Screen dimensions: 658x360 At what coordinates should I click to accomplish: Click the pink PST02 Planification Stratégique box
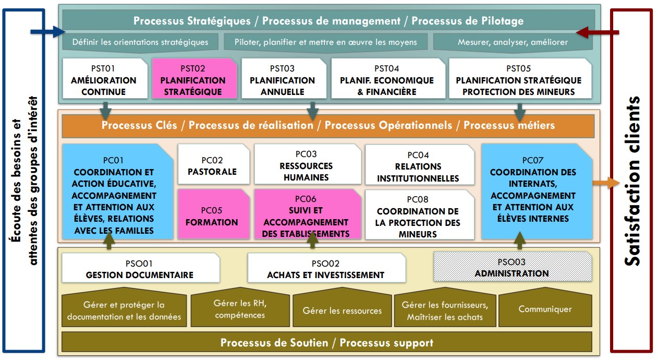point(194,78)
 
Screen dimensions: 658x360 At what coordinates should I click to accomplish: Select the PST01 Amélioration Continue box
point(105,78)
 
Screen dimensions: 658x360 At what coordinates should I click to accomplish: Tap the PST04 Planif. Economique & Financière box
point(388,78)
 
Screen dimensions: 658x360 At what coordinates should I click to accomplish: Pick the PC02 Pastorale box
point(214,164)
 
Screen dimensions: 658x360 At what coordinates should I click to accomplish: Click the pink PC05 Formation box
point(214,213)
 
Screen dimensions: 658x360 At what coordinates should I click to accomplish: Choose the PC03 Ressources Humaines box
point(308,164)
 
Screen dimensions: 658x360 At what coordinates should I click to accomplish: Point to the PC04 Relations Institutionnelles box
point(420,165)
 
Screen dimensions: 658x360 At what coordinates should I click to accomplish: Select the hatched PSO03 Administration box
point(513,266)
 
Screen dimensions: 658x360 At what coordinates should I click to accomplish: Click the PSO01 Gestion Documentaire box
point(141,268)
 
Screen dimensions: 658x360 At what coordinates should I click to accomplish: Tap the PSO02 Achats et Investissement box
point(326,268)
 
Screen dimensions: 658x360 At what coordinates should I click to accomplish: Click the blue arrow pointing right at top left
point(47,32)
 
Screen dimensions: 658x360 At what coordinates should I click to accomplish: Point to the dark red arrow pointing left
point(598,32)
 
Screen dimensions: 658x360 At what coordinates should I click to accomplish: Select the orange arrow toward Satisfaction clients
point(606,183)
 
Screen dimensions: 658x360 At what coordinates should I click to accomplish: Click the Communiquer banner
point(545,307)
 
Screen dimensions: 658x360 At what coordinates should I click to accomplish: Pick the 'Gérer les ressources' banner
point(342,307)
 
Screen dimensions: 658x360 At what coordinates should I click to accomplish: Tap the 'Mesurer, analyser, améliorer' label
point(513,42)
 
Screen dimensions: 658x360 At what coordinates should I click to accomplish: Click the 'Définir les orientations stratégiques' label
point(140,42)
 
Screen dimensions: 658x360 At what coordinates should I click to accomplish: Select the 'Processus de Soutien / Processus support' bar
point(326,342)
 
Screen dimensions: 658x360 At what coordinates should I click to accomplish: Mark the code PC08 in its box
point(418,199)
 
